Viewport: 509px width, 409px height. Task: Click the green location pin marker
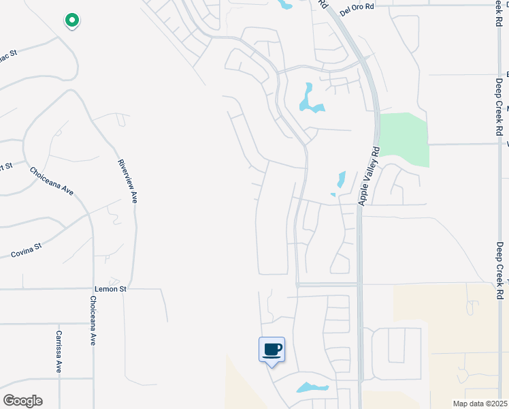pyautogui.click(x=71, y=21)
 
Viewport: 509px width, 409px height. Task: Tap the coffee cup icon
pyautogui.click(x=272, y=350)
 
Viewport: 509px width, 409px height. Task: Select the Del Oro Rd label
pyautogui.click(x=358, y=7)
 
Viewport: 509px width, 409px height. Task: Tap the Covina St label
pyautogui.click(x=27, y=250)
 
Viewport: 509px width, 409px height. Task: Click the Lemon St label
pyautogui.click(x=114, y=289)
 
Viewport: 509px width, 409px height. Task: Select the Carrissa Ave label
pyautogui.click(x=59, y=351)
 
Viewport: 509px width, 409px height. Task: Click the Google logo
pyautogui.click(x=22, y=401)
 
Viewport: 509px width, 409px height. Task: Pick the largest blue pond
pyautogui.click(x=310, y=100)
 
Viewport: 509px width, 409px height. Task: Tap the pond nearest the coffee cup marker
pyautogui.click(x=312, y=388)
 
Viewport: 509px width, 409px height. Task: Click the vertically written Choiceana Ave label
pyautogui.click(x=92, y=320)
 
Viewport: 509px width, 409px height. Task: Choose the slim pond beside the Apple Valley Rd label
pyautogui.click(x=340, y=180)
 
